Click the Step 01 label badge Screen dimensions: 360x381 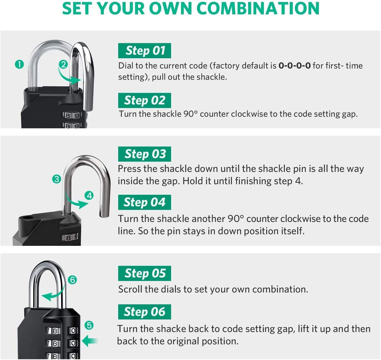[x=145, y=51]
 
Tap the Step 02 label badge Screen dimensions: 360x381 [x=145, y=100]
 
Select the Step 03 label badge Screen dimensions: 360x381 [x=145, y=154]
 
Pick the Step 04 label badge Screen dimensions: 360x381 [x=145, y=202]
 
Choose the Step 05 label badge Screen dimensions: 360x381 [x=145, y=273]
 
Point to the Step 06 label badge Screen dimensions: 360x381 [x=145, y=312]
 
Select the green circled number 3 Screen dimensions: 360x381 [x=57, y=179]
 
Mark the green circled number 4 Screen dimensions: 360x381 [x=89, y=196]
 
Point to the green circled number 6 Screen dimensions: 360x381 [x=73, y=280]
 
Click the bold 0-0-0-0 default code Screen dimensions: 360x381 [x=295, y=66]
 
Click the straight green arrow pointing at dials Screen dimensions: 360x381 [x=90, y=341]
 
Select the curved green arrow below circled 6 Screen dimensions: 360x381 [x=52, y=295]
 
